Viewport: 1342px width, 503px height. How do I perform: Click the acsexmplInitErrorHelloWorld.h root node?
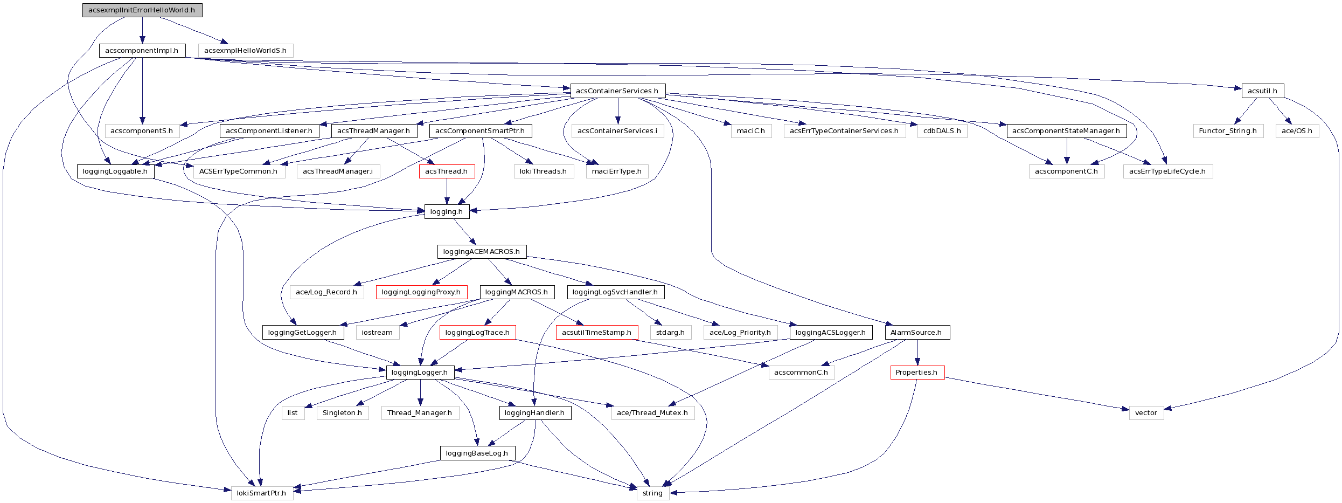142,10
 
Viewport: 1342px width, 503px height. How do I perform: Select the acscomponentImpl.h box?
142,51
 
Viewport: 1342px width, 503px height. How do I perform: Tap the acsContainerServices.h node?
617,91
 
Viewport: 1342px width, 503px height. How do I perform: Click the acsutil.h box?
1262,91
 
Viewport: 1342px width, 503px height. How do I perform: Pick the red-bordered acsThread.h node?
447,171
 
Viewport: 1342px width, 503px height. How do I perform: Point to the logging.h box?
447,212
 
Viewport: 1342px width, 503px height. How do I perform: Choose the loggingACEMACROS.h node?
482,252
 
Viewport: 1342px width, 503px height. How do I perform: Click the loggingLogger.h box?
420,373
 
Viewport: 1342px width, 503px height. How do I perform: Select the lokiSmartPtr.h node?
262,493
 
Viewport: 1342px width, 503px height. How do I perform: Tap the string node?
652,493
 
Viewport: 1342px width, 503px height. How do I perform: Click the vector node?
1146,413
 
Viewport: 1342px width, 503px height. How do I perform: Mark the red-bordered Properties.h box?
917,373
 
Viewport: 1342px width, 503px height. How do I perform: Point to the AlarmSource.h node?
917,333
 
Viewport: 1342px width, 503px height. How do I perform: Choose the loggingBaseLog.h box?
477,453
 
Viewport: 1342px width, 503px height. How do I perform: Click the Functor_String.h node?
1228,131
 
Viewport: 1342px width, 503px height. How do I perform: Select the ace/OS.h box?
1297,131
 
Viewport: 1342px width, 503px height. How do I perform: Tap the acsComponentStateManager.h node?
1066,131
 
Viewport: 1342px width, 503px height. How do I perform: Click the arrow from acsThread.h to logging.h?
447,191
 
